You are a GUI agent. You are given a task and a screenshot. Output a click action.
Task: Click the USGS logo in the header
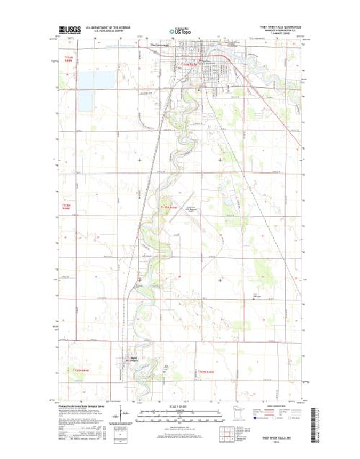click(70, 30)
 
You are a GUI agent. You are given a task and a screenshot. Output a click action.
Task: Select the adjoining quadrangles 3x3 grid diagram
click(226, 435)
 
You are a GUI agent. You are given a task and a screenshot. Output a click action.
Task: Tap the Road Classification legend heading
click(277, 406)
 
